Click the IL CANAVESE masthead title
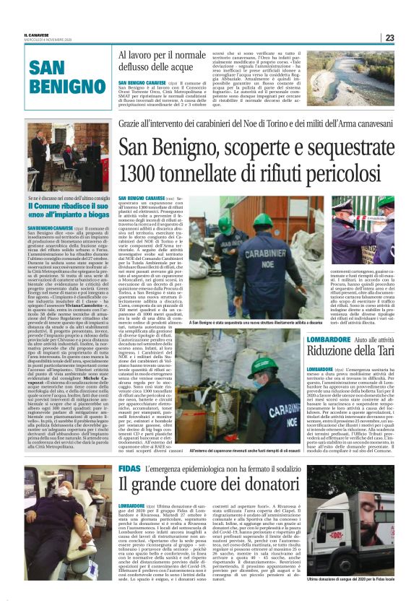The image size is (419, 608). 36,34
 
